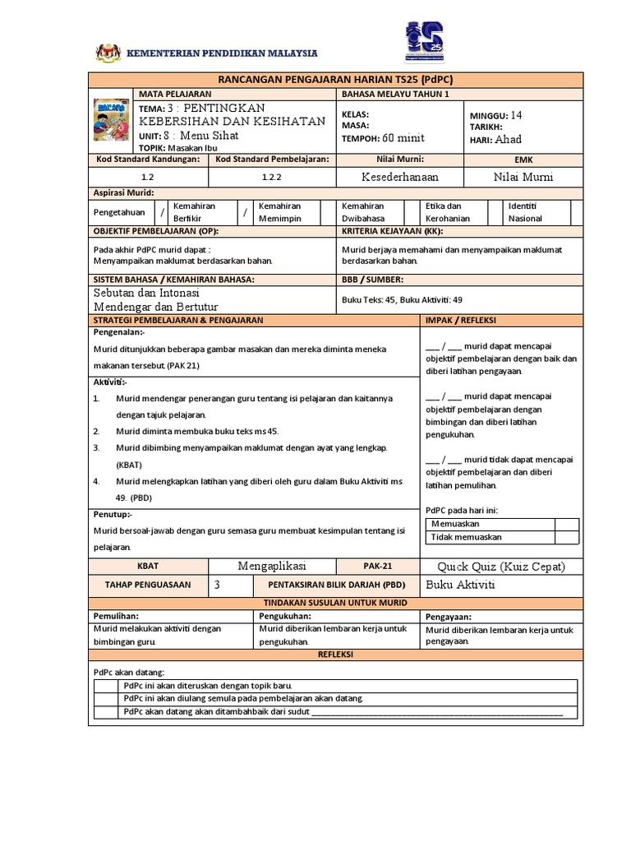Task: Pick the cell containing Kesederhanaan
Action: click(x=400, y=177)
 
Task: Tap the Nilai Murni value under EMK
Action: click(x=523, y=177)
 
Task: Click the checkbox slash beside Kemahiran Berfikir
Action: click(x=163, y=212)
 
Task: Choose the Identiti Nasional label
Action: click(x=526, y=212)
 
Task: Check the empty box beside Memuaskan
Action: click(x=566, y=523)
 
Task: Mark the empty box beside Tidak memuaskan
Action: click(x=566, y=537)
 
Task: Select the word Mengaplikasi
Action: click(x=272, y=567)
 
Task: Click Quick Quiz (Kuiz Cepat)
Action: click(x=500, y=567)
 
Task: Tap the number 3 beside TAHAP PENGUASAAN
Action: click(x=217, y=585)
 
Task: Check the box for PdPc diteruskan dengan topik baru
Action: click(x=106, y=686)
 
